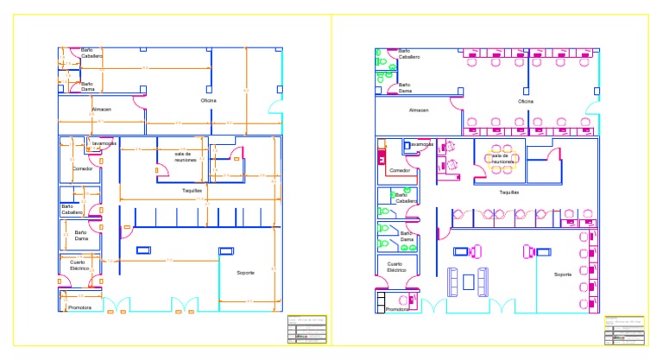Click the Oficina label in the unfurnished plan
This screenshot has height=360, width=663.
(x=209, y=101)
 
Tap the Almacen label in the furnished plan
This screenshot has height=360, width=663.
(x=419, y=111)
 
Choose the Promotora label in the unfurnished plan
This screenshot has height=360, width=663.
(x=80, y=307)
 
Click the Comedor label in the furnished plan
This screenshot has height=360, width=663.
(x=400, y=170)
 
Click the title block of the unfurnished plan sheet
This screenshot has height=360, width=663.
(x=306, y=329)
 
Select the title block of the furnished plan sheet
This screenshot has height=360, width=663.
(x=623, y=329)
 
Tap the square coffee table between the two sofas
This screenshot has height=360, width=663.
(x=469, y=281)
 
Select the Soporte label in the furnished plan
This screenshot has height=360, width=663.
(x=563, y=275)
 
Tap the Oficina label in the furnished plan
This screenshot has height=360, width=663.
(x=526, y=102)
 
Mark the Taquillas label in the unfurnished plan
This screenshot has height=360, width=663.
(x=192, y=190)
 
